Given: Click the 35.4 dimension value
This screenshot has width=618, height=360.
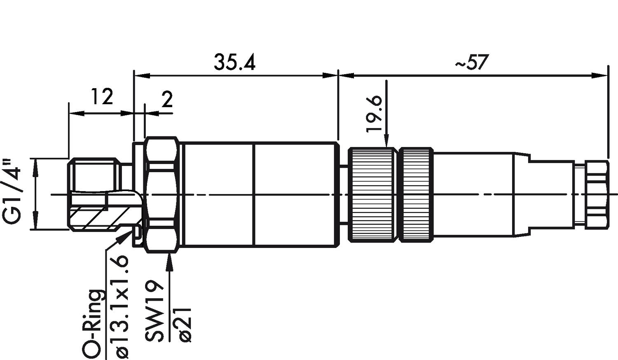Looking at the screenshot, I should [234, 62].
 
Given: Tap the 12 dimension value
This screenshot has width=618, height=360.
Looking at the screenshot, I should [102, 97].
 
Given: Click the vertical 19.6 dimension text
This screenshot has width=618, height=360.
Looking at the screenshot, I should [375, 114].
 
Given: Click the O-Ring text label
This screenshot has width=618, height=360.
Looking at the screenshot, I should [92, 323].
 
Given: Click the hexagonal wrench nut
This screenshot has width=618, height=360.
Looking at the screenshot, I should [162, 194].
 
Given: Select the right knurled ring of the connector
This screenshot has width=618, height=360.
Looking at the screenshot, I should [417, 194].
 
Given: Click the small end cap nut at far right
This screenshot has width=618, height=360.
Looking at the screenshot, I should [597, 194].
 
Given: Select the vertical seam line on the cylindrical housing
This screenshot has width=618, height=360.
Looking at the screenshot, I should [255, 194].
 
